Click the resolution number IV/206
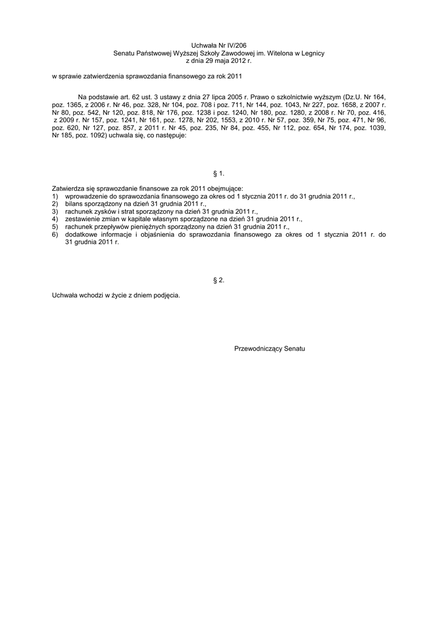235,45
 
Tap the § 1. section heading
219,174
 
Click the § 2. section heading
219,280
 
